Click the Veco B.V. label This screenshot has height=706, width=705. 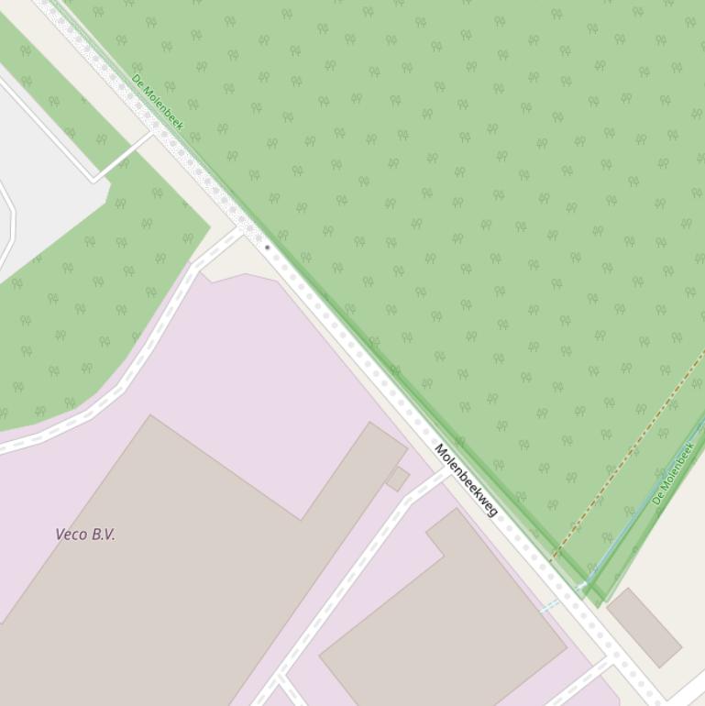point(85,535)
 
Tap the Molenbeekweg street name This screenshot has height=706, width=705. point(466,480)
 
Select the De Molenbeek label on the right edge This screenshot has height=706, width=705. point(673,474)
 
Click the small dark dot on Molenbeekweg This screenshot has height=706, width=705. point(267,247)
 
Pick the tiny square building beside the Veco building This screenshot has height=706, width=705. point(398,479)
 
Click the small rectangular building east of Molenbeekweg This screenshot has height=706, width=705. point(644,627)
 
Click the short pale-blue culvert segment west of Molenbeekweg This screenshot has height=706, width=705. point(549,606)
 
